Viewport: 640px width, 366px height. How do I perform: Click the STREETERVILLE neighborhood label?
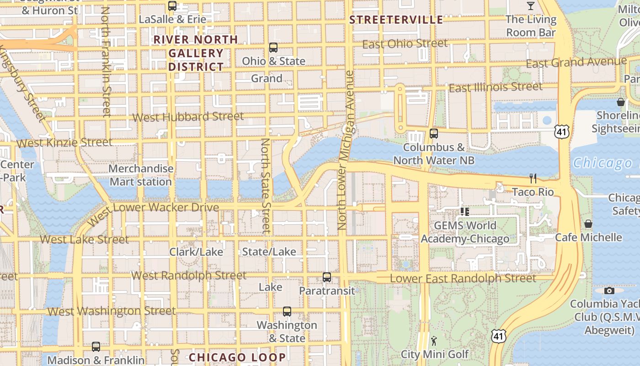click(396, 20)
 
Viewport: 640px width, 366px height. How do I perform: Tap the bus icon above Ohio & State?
click(273, 48)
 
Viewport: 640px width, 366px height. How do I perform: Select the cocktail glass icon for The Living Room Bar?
click(530, 6)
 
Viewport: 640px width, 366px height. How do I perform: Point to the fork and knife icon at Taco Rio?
click(533, 178)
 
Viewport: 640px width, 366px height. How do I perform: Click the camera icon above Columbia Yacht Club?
click(609, 291)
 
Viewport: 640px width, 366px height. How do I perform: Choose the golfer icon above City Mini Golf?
click(434, 340)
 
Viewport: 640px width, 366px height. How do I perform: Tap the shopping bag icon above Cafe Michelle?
click(588, 224)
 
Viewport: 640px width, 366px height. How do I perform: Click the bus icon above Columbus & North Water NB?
click(434, 134)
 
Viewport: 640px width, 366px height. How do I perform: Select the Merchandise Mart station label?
click(141, 175)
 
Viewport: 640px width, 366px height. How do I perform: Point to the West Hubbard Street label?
click(188, 117)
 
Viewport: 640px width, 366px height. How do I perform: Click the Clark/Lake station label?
click(196, 252)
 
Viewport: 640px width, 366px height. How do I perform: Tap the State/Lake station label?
click(269, 252)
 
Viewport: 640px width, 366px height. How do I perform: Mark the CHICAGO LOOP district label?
click(237, 357)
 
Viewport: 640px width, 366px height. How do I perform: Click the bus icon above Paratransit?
click(327, 277)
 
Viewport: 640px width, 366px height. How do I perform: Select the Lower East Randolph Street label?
click(463, 278)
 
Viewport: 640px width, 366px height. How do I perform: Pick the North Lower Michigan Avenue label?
click(346, 150)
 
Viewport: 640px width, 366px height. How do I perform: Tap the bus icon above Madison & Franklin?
click(96, 347)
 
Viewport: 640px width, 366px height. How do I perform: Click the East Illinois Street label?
click(496, 87)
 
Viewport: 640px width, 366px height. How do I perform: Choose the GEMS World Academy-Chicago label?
click(465, 232)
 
